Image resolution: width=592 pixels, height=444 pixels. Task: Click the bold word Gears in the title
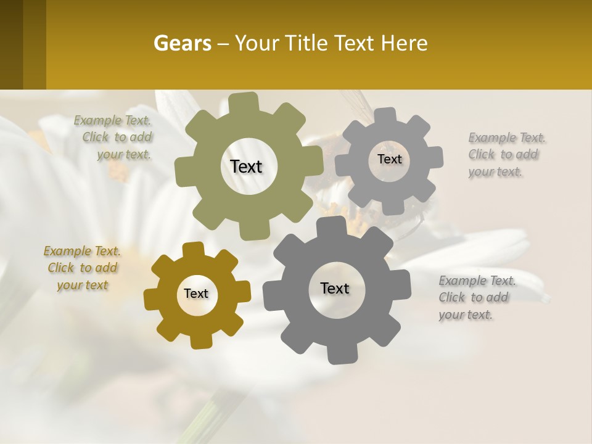182,43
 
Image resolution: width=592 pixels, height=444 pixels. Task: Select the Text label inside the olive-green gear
247,166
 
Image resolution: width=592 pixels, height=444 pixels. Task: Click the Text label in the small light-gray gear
389,159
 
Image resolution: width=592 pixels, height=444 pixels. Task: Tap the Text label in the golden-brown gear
196,294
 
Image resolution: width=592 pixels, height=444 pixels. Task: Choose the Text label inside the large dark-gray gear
335,288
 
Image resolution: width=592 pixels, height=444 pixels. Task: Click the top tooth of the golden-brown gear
194,249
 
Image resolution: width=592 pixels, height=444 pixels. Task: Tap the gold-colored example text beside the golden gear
82,268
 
